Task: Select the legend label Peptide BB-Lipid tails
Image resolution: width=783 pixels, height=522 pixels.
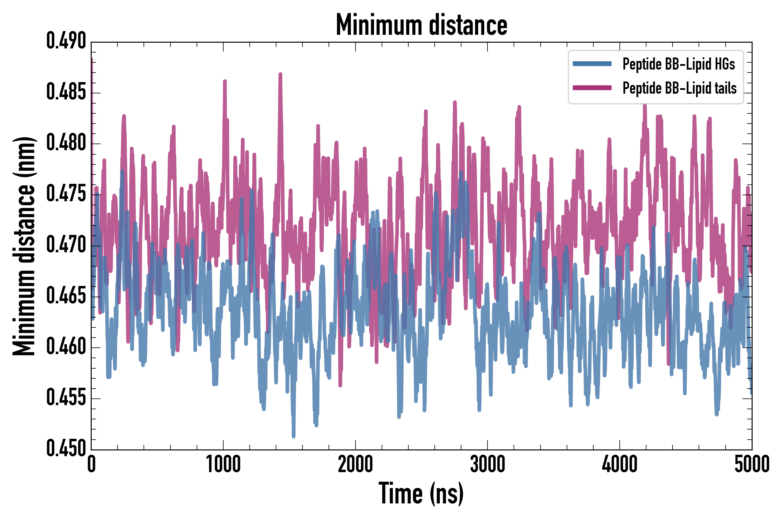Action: pyautogui.click(x=679, y=88)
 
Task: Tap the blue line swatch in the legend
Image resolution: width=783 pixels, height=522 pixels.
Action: pyautogui.click(x=592, y=64)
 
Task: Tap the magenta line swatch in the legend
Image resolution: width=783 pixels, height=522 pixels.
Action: pyautogui.click(x=592, y=88)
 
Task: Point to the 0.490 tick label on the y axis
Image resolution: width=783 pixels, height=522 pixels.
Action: pyautogui.click(x=66, y=41)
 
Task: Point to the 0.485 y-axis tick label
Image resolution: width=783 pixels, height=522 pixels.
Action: pyautogui.click(x=66, y=92)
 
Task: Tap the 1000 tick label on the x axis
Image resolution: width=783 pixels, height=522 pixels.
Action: pyautogui.click(x=223, y=464)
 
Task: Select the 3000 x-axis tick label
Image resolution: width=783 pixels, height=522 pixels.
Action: pyautogui.click(x=487, y=464)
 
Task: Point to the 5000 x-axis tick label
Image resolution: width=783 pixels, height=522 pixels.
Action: pyautogui.click(x=752, y=464)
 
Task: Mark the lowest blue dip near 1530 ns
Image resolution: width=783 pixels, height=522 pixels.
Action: pyautogui.click(x=293, y=436)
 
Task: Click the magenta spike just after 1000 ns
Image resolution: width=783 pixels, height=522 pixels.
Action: pyautogui.click(x=225, y=81)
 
